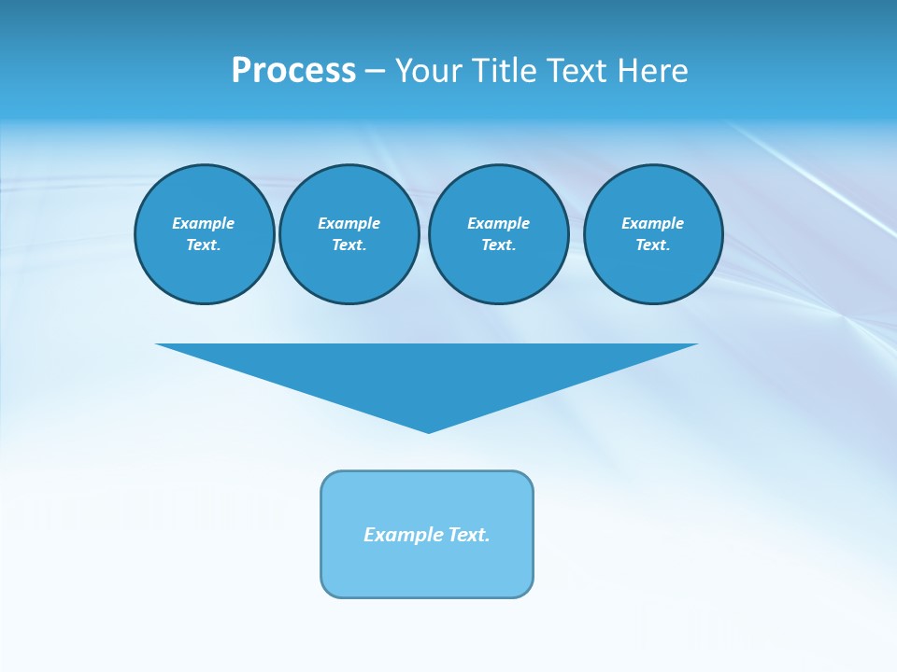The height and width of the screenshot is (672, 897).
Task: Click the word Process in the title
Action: (293, 71)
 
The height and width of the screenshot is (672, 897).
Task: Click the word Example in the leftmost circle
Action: (204, 223)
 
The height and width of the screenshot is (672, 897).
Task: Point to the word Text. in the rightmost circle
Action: (653, 245)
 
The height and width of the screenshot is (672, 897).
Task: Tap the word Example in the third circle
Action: (498, 223)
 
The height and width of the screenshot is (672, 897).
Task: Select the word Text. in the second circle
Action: (349, 245)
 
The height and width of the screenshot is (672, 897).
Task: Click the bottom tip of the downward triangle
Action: (428, 430)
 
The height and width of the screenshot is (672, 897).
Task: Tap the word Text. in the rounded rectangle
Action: (469, 535)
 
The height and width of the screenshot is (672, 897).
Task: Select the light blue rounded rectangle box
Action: (427, 569)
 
